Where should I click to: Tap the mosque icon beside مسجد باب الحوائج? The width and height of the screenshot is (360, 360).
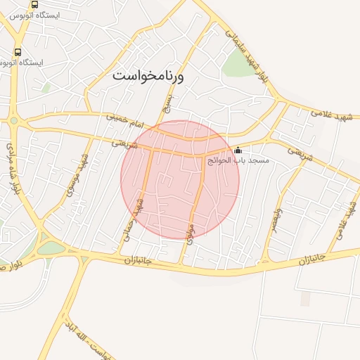pyautogui.click(x=238, y=150)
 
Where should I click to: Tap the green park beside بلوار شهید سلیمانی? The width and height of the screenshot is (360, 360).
pyautogui.click(x=237, y=64)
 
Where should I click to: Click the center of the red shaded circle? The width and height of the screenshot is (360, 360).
pyautogui.click(x=180, y=179)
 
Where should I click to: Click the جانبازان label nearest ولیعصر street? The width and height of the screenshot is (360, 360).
pyautogui.click(x=314, y=260)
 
